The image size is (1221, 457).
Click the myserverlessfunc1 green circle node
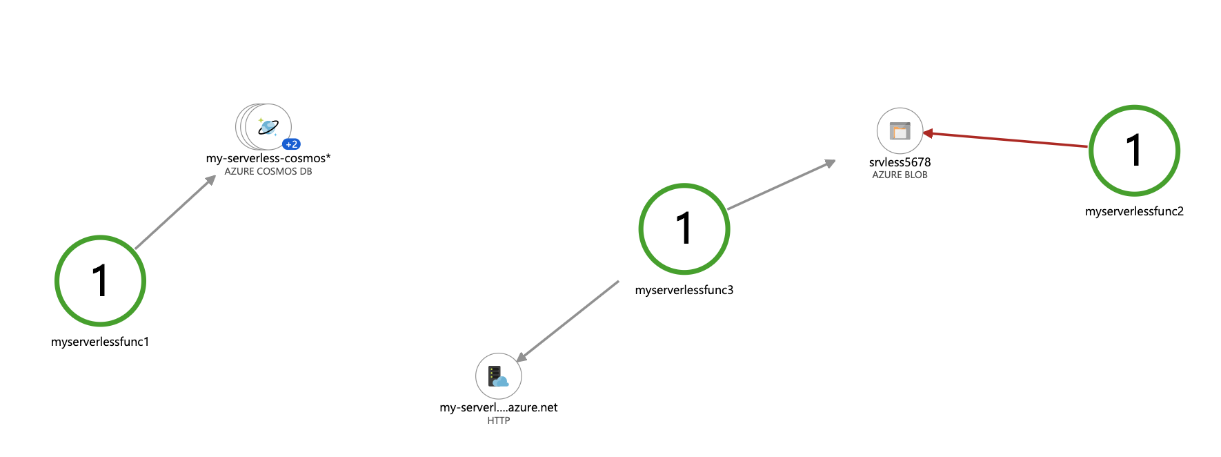pos(100,281)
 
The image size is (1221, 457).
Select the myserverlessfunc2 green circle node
pos(1134,150)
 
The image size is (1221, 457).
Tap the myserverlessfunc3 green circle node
pos(684,228)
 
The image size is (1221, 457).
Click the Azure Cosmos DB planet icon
pos(268,126)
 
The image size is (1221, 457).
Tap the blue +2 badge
pos(292,144)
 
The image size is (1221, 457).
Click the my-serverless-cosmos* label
pos(268,158)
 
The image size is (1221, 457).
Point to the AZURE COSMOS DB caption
pos(268,171)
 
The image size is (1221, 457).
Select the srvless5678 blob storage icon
pos(900,130)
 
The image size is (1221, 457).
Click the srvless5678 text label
pos(900,162)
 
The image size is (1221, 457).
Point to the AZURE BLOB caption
pos(900,175)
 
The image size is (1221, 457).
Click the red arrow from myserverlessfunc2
pos(1007,139)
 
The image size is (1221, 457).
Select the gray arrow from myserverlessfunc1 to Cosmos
pos(176,212)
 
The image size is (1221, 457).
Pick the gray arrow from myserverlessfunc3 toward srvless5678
pos(782,185)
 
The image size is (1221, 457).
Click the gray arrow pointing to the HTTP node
pos(567,321)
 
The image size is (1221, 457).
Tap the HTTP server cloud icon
pos(498,376)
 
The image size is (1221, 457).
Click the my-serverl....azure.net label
pos(498,407)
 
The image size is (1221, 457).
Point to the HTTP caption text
pos(498,420)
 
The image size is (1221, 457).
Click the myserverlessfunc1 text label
pos(100,342)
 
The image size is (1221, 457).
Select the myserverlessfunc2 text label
pos(1134,211)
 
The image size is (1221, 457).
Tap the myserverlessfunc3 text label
pos(684,290)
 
